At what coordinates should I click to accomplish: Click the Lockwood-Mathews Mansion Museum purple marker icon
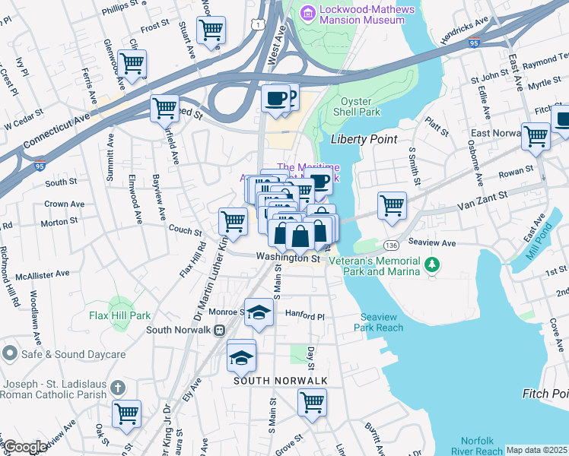pyautogui.click(x=307, y=13)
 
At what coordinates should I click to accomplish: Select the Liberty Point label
pyautogui.click(x=360, y=139)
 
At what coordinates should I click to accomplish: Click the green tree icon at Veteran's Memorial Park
pyautogui.click(x=433, y=264)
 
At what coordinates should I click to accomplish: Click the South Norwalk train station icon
pyautogui.click(x=220, y=330)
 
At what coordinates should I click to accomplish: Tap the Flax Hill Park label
pyautogui.click(x=119, y=315)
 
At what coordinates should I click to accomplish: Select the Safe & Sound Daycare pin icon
pyautogui.click(x=10, y=353)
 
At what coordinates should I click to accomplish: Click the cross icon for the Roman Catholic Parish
pyautogui.click(x=117, y=388)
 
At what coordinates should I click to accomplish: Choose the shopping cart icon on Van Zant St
pyautogui.click(x=392, y=204)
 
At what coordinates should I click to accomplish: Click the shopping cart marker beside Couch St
pyautogui.click(x=233, y=221)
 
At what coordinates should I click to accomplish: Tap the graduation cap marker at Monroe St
pyautogui.click(x=259, y=313)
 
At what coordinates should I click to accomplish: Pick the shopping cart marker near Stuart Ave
pyautogui.click(x=211, y=30)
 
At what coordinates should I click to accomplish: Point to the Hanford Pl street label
pyautogui.click(x=304, y=314)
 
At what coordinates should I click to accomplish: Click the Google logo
pyautogui.click(x=26, y=447)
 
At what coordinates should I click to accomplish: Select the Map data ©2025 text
pyautogui.click(x=537, y=450)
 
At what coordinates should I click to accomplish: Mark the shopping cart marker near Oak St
pyautogui.click(x=126, y=414)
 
